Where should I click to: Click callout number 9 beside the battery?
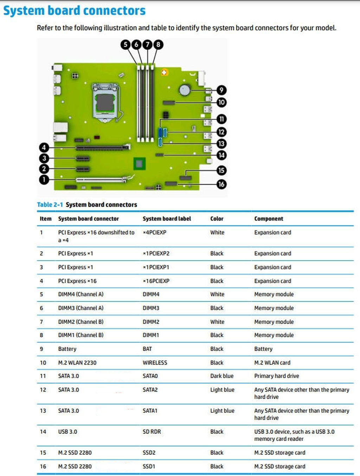(221, 90)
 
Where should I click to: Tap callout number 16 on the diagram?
(221, 184)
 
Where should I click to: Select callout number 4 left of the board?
(44, 148)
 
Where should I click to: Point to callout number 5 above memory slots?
(126, 45)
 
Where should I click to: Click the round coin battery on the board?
(185, 90)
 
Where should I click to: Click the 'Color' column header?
(217, 219)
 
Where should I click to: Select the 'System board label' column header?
(167, 219)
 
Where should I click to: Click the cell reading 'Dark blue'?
(222, 376)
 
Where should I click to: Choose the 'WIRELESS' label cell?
(155, 363)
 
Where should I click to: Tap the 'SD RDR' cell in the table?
(152, 432)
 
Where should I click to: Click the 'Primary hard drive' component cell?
(277, 376)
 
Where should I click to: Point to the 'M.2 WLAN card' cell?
(272, 363)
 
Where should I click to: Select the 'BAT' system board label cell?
(147, 349)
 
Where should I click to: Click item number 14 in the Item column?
(43, 432)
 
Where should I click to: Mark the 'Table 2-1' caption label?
(50, 204)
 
